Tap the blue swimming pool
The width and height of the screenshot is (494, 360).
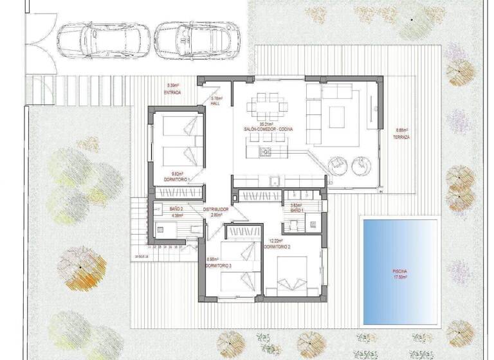[x=400, y=270]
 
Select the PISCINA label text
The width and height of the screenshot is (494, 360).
[x=400, y=271]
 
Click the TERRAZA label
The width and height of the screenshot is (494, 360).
[x=403, y=137]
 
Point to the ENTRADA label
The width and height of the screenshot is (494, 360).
[x=172, y=93]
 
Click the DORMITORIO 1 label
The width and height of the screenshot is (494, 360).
[x=178, y=178]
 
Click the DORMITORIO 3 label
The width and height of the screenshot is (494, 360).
[x=219, y=265]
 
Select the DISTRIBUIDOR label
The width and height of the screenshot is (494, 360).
[x=217, y=210]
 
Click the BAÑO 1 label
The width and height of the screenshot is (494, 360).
[x=296, y=210]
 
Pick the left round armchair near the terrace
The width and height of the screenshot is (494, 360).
[x=338, y=165]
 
